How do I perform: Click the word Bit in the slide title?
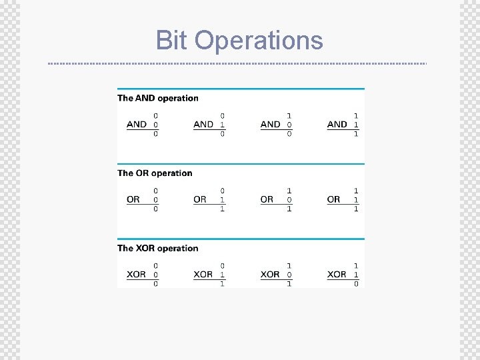point(172,40)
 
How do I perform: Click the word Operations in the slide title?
point(259,41)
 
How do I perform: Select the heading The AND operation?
point(158,98)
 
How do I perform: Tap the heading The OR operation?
point(155,173)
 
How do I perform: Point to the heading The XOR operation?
point(158,248)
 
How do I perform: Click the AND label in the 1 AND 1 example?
point(337,124)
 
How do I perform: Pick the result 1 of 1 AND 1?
point(356,134)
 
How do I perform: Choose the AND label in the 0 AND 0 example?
point(137,124)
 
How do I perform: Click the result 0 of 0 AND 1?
point(223,134)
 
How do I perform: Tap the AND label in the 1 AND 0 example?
point(271,124)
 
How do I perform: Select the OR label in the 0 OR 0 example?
point(133,199)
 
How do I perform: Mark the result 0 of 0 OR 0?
point(156,209)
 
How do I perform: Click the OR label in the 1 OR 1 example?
point(334,199)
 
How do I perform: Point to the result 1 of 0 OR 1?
point(223,209)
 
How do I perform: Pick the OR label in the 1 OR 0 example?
point(267,199)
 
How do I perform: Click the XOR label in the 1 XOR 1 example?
point(337,274)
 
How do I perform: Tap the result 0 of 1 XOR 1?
point(356,284)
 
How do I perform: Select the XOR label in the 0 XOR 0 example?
point(136,274)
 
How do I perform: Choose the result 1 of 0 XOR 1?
point(223,284)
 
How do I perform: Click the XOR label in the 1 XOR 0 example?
point(270,274)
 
